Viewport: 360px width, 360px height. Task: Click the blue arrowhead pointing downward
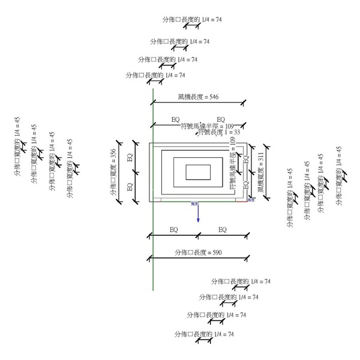tap(198, 220)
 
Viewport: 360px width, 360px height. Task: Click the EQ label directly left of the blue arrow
tap(173, 230)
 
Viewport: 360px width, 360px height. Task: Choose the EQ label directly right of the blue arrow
tap(223, 230)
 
